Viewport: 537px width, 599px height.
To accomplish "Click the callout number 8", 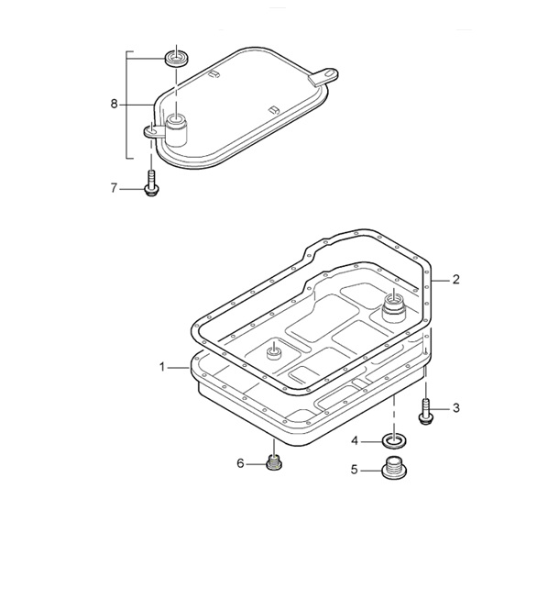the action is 115,104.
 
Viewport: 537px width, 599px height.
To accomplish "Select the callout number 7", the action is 114,188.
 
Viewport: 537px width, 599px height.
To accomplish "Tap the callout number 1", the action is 162,367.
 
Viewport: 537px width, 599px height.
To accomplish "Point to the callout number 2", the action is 455,280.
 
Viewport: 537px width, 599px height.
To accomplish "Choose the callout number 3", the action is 456,408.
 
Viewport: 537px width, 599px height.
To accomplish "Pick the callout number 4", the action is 355,441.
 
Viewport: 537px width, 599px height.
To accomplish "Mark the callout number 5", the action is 355,470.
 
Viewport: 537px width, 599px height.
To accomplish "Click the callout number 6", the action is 240,463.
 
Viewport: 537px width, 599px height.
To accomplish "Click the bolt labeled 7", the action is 151,184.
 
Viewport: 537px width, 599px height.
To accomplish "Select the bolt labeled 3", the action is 426,412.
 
